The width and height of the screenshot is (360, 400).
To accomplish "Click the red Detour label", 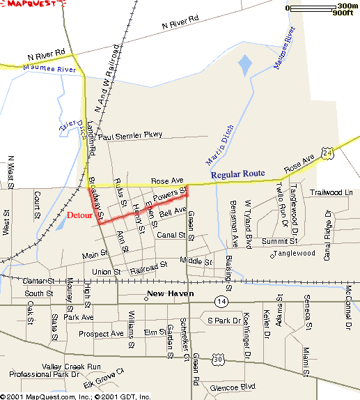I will [x=80, y=215].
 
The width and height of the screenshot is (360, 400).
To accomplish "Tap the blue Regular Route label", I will [x=239, y=175].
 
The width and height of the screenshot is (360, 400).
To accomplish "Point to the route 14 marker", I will [x=221, y=301].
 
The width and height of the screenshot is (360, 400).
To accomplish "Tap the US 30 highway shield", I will [x=200, y=358].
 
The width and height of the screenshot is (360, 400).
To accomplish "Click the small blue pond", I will [x=244, y=67].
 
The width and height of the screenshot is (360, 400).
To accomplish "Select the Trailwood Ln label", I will [x=331, y=192].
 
